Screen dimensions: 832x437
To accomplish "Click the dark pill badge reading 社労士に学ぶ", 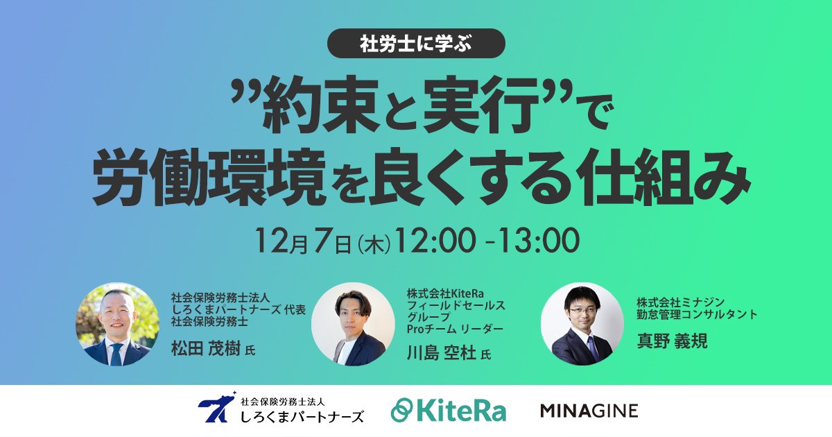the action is point(416,44).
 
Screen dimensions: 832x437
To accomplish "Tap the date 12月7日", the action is point(303,241).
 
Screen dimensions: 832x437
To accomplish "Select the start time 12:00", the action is point(435,241).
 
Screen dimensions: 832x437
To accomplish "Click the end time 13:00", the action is point(538,241).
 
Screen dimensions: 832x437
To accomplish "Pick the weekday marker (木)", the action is point(373,243).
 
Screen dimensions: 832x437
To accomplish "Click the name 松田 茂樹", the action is point(205,348).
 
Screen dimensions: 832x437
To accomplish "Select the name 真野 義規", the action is point(672,341).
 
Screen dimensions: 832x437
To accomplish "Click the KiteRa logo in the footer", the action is point(449,411).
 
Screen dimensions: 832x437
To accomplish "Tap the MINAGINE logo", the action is point(589,411).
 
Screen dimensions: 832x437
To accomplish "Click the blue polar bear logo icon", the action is point(217,407).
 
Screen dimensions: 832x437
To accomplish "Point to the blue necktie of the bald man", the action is point(116,354).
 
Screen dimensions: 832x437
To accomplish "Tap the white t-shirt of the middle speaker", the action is point(344,352).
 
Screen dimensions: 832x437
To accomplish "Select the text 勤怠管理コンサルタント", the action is point(697,315).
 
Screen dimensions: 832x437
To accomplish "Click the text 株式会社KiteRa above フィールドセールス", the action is point(445,293).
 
